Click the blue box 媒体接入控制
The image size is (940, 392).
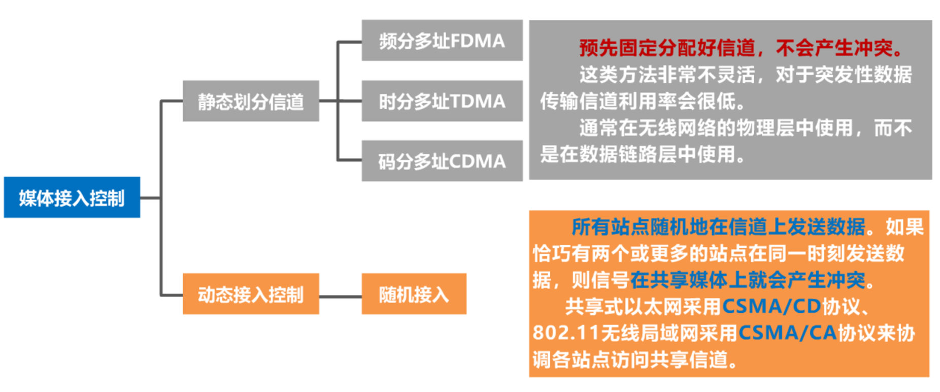coord(72,198)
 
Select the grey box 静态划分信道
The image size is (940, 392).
coord(251,102)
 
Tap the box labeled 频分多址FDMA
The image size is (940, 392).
coord(442,41)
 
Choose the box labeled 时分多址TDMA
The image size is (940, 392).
coord(442,101)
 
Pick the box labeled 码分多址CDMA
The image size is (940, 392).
coord(442,161)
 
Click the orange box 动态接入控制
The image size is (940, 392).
coord(251,294)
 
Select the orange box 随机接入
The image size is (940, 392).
coord(414,294)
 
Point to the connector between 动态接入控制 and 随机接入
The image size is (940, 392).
coord(340,296)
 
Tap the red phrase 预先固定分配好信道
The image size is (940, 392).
coord(667,48)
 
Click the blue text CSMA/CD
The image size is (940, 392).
coord(771,306)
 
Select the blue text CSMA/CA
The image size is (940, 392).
coord(787,333)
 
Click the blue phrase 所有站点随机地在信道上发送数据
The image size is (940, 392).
coord(718,227)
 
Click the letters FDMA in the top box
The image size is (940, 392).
coord(477,41)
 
